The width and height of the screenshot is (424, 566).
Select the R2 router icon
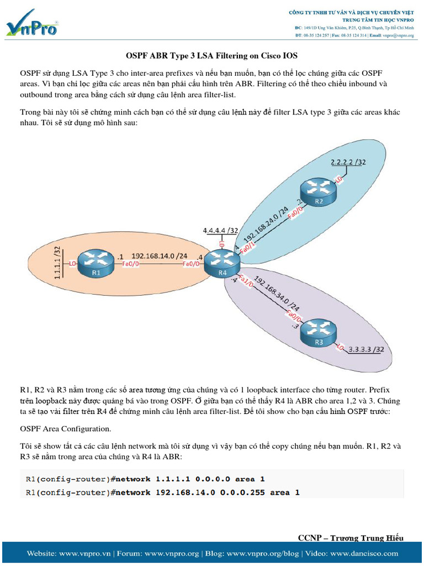pos(319,192)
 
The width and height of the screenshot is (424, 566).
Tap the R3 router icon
pos(319,330)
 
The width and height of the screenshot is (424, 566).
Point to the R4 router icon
pos(222,263)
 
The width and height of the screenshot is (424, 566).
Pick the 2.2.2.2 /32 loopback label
pos(348,163)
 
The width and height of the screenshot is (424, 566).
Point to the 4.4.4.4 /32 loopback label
pos(221,230)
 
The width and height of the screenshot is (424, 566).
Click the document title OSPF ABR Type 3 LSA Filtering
pos(211,56)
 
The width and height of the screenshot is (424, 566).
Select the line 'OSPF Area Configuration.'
pos(65,428)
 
